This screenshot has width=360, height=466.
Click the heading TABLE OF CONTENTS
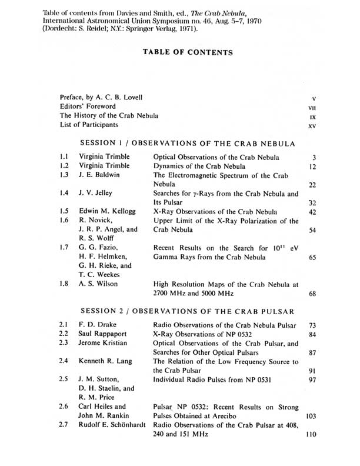coord(188,52)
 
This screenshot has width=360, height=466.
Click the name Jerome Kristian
coord(107,342)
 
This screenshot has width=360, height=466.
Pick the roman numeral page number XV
coord(312,125)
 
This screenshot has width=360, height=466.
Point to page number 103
coord(311,416)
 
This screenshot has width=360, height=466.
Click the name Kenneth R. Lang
coord(109,360)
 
